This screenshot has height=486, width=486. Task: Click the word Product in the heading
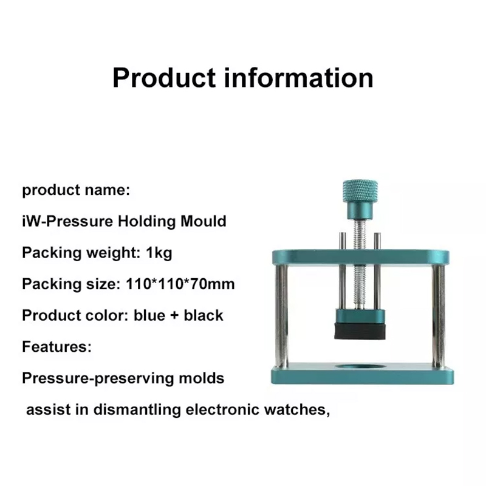click(x=164, y=78)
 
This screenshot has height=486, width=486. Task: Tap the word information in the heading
click(x=298, y=78)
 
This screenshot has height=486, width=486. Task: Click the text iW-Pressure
click(x=67, y=221)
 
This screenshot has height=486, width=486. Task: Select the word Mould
click(x=204, y=221)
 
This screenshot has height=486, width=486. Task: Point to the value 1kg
click(x=159, y=253)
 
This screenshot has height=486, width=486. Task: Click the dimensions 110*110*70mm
click(x=180, y=284)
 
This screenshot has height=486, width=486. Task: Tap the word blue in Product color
click(x=149, y=315)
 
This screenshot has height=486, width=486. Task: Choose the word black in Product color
click(x=204, y=315)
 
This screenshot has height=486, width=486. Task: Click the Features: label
click(x=56, y=346)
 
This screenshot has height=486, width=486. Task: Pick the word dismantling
click(x=137, y=409)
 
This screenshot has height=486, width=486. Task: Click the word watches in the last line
click(x=297, y=409)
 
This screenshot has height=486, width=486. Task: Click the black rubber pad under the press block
click(x=360, y=331)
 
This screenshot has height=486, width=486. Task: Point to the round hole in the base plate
click(x=360, y=367)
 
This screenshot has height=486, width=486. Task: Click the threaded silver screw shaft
click(x=360, y=264)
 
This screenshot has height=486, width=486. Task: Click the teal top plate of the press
click(x=360, y=257)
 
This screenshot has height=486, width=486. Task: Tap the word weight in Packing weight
click(x=113, y=253)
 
